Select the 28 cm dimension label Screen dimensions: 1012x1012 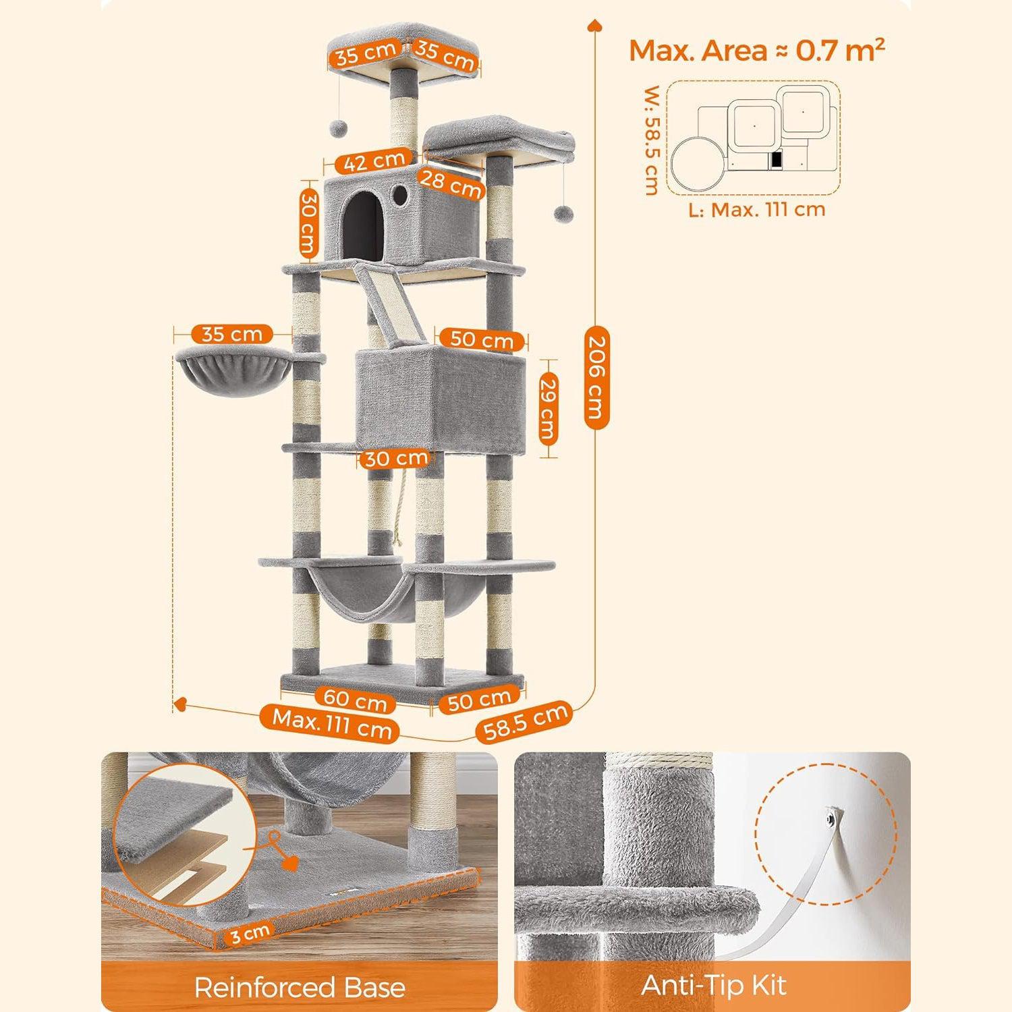tap(450, 184)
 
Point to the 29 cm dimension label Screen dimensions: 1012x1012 tap(548, 407)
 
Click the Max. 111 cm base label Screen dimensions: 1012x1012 tap(332, 723)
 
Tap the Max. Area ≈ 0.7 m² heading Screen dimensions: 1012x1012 tap(757, 51)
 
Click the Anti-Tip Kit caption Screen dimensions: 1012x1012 tap(714, 985)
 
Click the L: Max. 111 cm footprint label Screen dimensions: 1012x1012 tap(756, 209)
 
